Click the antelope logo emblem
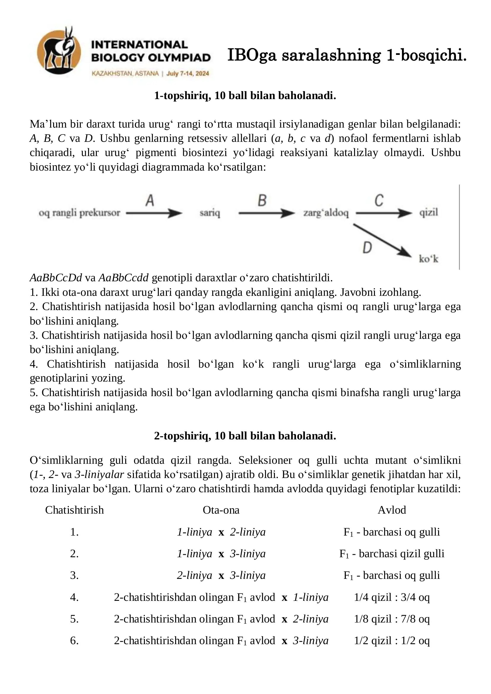pyautogui.click(x=59, y=51)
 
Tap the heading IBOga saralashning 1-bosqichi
pyautogui.click(x=347, y=55)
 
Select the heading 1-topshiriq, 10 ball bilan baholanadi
pyautogui.click(x=245, y=96)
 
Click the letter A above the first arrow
pyautogui.click(x=150, y=200)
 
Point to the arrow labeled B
pyautogui.click(x=266, y=213)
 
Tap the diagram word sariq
pyautogui.click(x=210, y=213)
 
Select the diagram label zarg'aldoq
pyautogui.click(x=326, y=213)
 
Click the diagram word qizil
pyautogui.click(x=428, y=212)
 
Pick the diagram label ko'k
pyautogui.click(x=428, y=259)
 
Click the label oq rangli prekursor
pyautogui.click(x=79, y=213)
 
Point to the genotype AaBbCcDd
pyautogui.click(x=56, y=277)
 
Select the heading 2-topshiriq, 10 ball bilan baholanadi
pyautogui.click(x=245, y=436)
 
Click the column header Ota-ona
pyautogui.click(x=221, y=510)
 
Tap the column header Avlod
pyautogui.click(x=392, y=510)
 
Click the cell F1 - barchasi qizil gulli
pyautogui.click(x=392, y=553)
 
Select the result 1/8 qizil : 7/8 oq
pyautogui.click(x=392, y=619)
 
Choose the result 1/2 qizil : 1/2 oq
pyautogui.click(x=392, y=641)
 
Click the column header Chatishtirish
pyautogui.click(x=75, y=510)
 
